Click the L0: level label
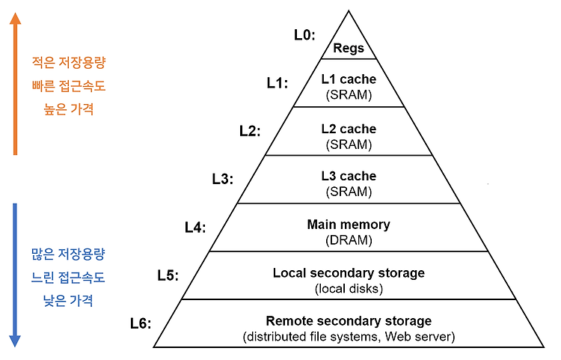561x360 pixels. point(304,35)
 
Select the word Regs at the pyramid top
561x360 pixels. point(349,49)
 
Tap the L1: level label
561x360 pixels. point(278,83)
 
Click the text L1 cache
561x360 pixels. point(349,79)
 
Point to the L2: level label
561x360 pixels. point(250,131)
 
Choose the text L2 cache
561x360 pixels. point(349,129)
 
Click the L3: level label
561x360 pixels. point(223,179)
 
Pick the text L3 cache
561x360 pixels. point(349,176)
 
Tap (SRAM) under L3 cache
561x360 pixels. point(349,192)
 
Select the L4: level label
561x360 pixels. point(195,228)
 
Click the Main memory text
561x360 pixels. point(349,225)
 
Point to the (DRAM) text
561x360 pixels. point(349,240)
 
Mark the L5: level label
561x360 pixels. point(168,275)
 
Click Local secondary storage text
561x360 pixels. point(349,273)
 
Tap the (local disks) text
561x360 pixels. point(349,288)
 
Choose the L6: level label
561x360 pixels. point(141,323)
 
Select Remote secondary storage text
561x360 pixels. point(349,321)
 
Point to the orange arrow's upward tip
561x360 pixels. point(15,13)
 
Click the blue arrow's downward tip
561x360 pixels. point(15,347)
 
